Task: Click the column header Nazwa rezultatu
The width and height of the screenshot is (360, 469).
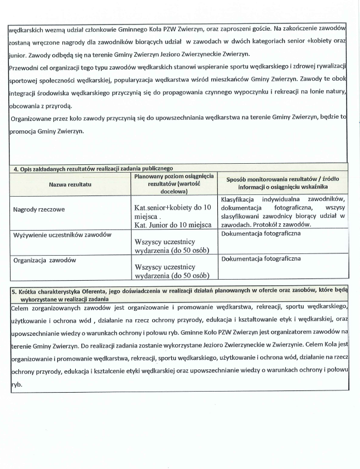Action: pos(70,183)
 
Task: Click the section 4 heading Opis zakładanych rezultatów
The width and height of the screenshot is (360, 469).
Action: pos(93,168)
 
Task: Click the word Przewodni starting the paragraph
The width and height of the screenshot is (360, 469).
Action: pos(26,67)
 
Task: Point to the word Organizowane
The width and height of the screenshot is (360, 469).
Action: pos(34,118)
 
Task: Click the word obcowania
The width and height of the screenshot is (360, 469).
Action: pos(27,106)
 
